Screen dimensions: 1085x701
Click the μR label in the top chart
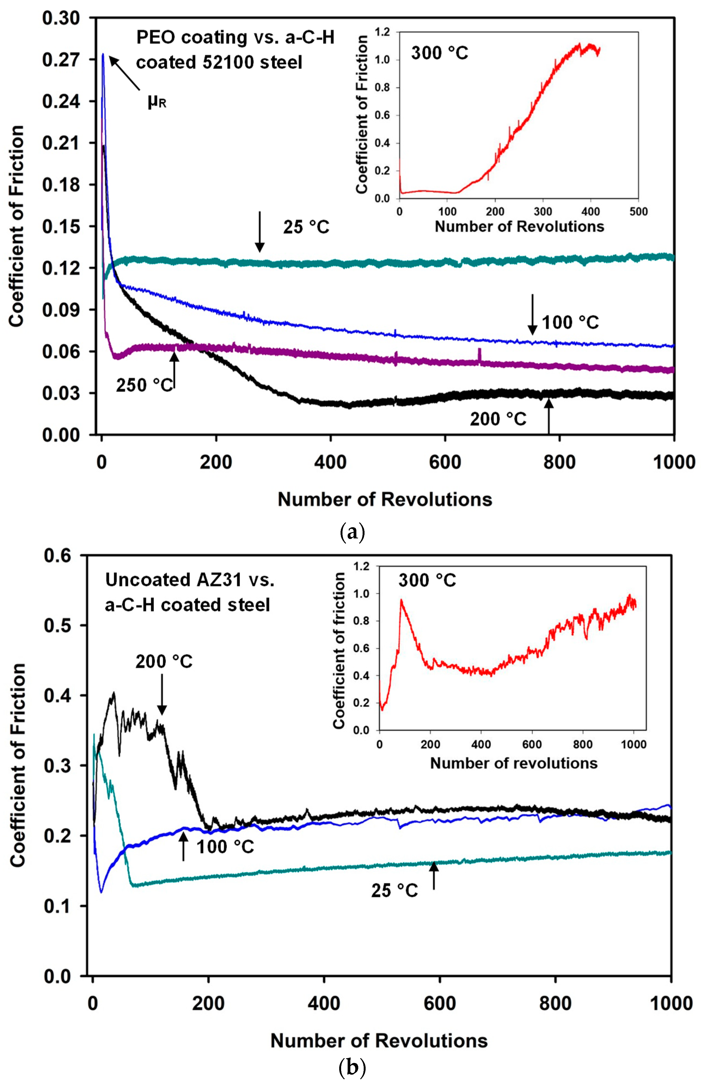coord(157,102)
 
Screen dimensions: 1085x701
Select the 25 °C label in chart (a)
coord(306,227)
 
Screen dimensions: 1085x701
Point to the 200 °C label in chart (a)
coord(498,419)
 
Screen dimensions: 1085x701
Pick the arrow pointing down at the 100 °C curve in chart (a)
coord(532,314)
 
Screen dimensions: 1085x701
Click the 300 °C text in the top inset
coord(439,53)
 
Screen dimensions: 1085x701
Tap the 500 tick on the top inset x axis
coord(638,211)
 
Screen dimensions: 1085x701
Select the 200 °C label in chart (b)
coord(164,661)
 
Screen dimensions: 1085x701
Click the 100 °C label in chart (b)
coord(225,847)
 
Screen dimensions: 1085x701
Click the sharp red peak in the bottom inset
coord(402,600)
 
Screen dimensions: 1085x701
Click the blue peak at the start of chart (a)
coord(103,55)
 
